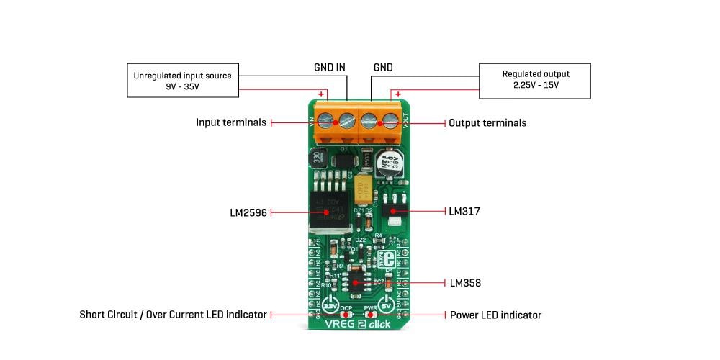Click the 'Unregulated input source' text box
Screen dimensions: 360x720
pyautogui.click(x=183, y=80)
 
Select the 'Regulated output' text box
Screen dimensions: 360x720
pyautogui.click(x=535, y=80)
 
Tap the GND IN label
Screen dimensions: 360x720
pyautogui.click(x=330, y=68)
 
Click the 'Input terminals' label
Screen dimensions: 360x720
pyautogui.click(x=231, y=123)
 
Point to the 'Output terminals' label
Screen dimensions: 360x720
pyautogui.click(x=487, y=123)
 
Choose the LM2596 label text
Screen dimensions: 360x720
pyautogui.click(x=248, y=213)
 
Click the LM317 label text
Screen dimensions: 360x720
pyautogui.click(x=464, y=212)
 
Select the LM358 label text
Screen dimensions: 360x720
pyautogui.click(x=465, y=283)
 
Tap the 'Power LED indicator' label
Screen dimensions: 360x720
pyautogui.click(x=495, y=315)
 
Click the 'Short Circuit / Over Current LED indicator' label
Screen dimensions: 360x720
pyautogui.click(x=173, y=315)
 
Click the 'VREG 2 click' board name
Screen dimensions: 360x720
pyautogui.click(x=358, y=324)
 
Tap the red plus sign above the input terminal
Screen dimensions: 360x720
pyautogui.click(x=321, y=94)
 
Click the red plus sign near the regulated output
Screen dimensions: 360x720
pyautogui.click(x=397, y=94)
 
